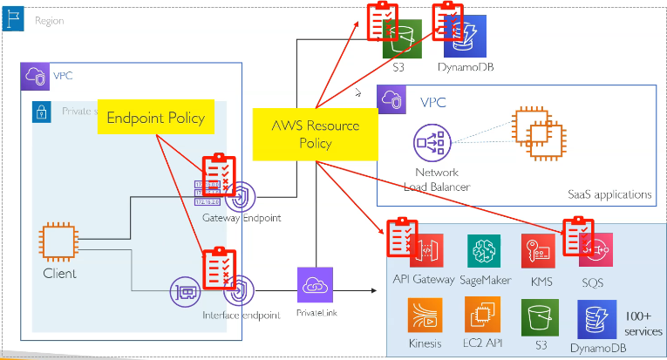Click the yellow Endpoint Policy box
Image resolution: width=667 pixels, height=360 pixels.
tap(155, 118)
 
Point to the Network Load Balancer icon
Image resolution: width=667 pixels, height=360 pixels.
tap(431, 142)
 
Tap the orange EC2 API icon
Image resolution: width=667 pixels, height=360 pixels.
tap(482, 316)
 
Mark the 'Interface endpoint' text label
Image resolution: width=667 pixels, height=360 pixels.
tap(241, 315)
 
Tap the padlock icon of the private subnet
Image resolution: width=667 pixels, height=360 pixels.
tap(40, 112)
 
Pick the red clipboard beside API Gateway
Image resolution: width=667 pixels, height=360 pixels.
tap(400, 235)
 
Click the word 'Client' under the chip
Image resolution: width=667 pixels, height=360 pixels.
tap(59, 274)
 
